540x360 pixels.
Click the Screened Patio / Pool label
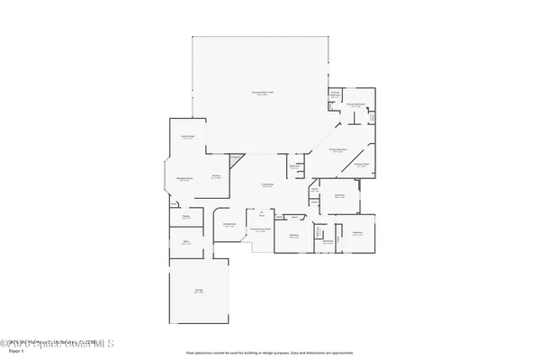click(262, 94)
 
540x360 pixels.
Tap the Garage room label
click(198, 291)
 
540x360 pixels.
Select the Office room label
click(186, 242)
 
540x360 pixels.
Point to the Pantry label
click(186, 216)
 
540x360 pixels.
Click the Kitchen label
click(216, 176)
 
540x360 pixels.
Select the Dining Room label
click(229, 225)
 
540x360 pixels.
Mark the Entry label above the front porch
click(262, 216)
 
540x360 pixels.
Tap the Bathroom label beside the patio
click(293, 166)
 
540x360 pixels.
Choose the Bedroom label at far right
click(357, 232)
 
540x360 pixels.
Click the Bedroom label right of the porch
click(293, 236)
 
